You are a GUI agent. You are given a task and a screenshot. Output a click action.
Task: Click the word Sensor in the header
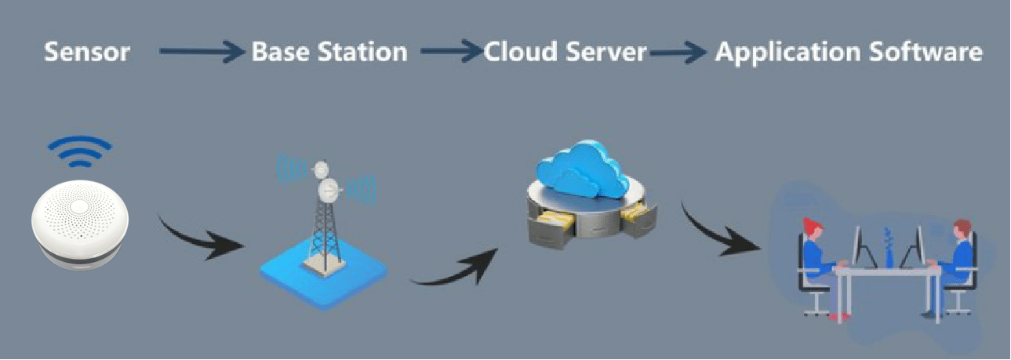pyautogui.click(x=86, y=53)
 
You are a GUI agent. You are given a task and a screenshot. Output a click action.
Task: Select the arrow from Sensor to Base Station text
pyautogui.click(x=202, y=53)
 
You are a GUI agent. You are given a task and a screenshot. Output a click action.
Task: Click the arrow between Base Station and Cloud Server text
pyautogui.click(x=451, y=53)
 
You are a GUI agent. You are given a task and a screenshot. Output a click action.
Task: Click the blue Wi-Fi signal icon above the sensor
pyautogui.click(x=78, y=151)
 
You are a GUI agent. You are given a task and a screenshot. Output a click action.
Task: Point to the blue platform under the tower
pyautogui.click(x=324, y=275)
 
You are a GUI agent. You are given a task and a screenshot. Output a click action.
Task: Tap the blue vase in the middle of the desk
pyautogui.click(x=888, y=249)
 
